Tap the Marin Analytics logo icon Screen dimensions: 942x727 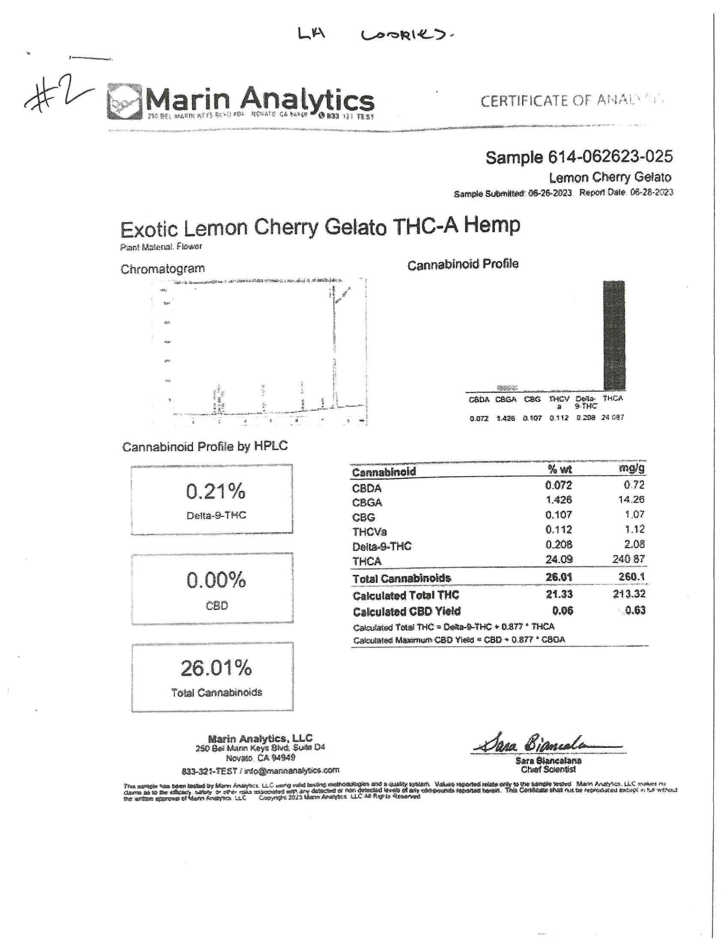[124, 102]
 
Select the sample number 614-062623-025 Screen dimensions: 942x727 [579, 157]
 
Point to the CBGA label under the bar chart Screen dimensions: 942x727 [506, 399]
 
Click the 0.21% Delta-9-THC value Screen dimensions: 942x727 [215, 491]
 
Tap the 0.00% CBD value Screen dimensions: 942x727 [216, 580]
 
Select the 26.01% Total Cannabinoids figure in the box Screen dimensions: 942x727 [216, 668]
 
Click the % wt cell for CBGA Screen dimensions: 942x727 [558, 500]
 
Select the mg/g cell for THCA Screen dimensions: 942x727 [628, 559]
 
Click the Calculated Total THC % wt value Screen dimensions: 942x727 [559, 594]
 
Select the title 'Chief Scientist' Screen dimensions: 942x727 [548, 769]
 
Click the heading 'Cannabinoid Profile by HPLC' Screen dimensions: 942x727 [204, 447]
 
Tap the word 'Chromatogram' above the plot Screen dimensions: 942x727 [162, 269]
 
